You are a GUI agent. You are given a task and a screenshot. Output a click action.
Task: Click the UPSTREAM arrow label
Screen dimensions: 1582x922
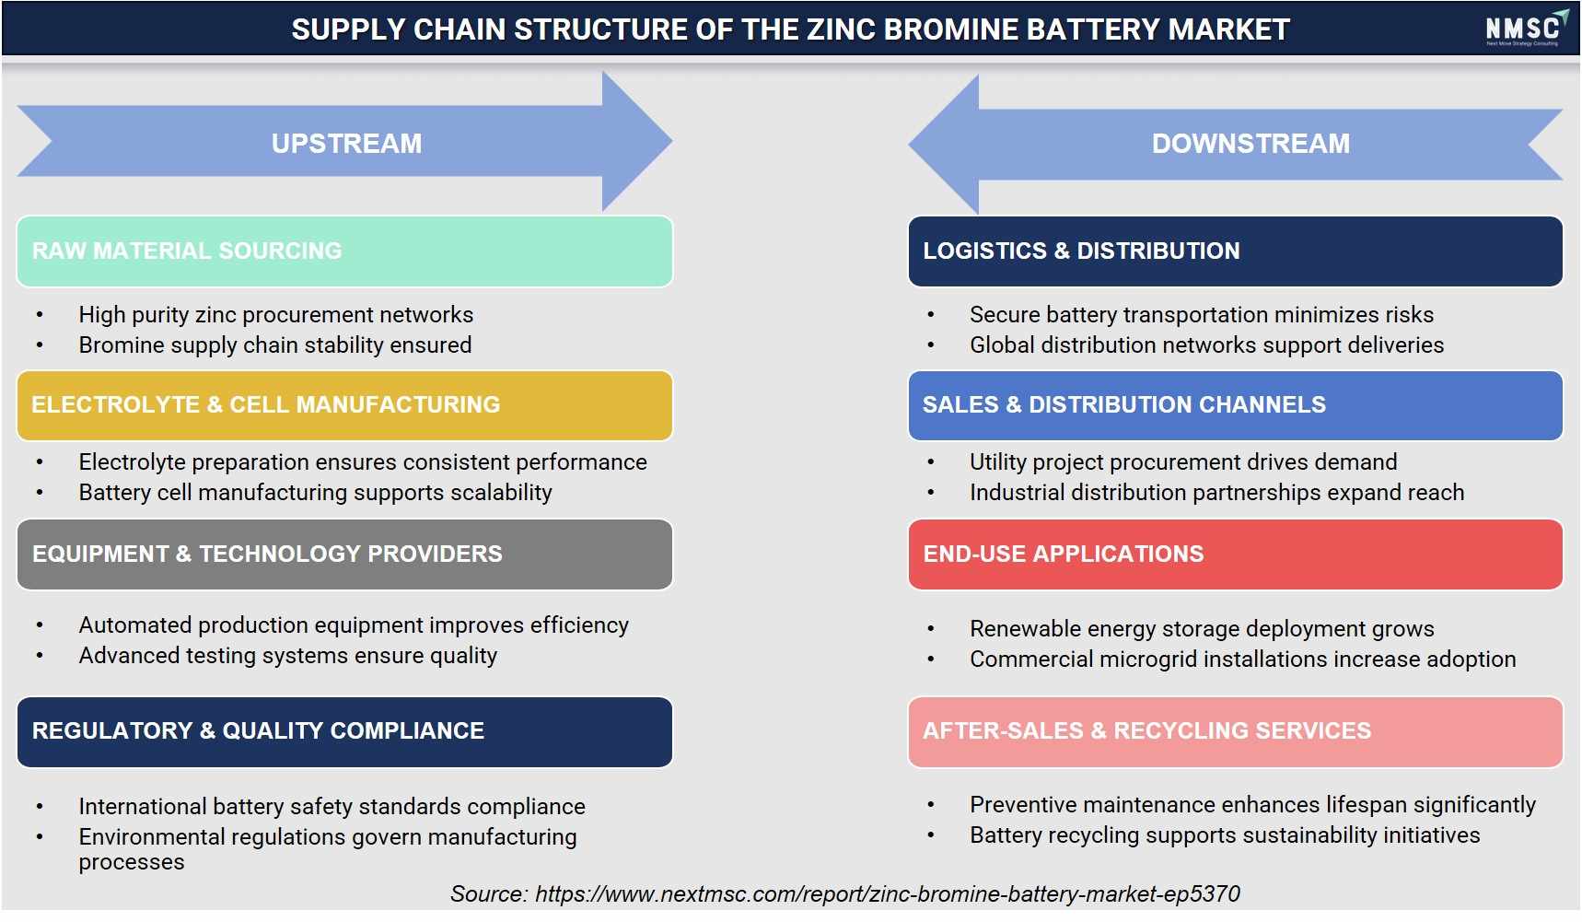click(x=346, y=144)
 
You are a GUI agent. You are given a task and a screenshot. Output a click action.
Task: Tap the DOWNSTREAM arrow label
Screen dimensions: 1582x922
click(x=1250, y=144)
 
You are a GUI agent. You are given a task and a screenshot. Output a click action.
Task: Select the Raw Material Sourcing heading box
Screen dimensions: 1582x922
click(x=344, y=251)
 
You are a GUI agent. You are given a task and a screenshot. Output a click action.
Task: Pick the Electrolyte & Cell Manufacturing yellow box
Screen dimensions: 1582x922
click(x=344, y=405)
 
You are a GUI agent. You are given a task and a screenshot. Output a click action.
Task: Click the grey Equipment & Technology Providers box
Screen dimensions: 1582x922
click(x=344, y=554)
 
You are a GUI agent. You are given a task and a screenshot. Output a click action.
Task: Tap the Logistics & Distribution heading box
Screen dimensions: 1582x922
click(x=1235, y=251)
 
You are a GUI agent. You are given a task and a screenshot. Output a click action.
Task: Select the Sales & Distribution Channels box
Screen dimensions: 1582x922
click(x=1235, y=405)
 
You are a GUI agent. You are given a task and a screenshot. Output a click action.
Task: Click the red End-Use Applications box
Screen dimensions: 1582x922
click(x=1235, y=554)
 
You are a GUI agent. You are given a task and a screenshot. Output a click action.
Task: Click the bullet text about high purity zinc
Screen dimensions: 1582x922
click(x=276, y=315)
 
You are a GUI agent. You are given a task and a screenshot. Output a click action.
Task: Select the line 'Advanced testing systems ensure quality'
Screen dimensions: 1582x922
click(x=288, y=656)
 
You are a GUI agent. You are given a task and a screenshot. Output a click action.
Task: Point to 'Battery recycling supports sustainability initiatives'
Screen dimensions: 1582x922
click(x=1225, y=835)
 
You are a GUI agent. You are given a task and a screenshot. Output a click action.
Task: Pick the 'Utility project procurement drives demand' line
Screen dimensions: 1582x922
click(x=1183, y=462)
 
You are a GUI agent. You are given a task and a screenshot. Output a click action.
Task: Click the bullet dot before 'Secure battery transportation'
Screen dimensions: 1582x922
click(x=931, y=315)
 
